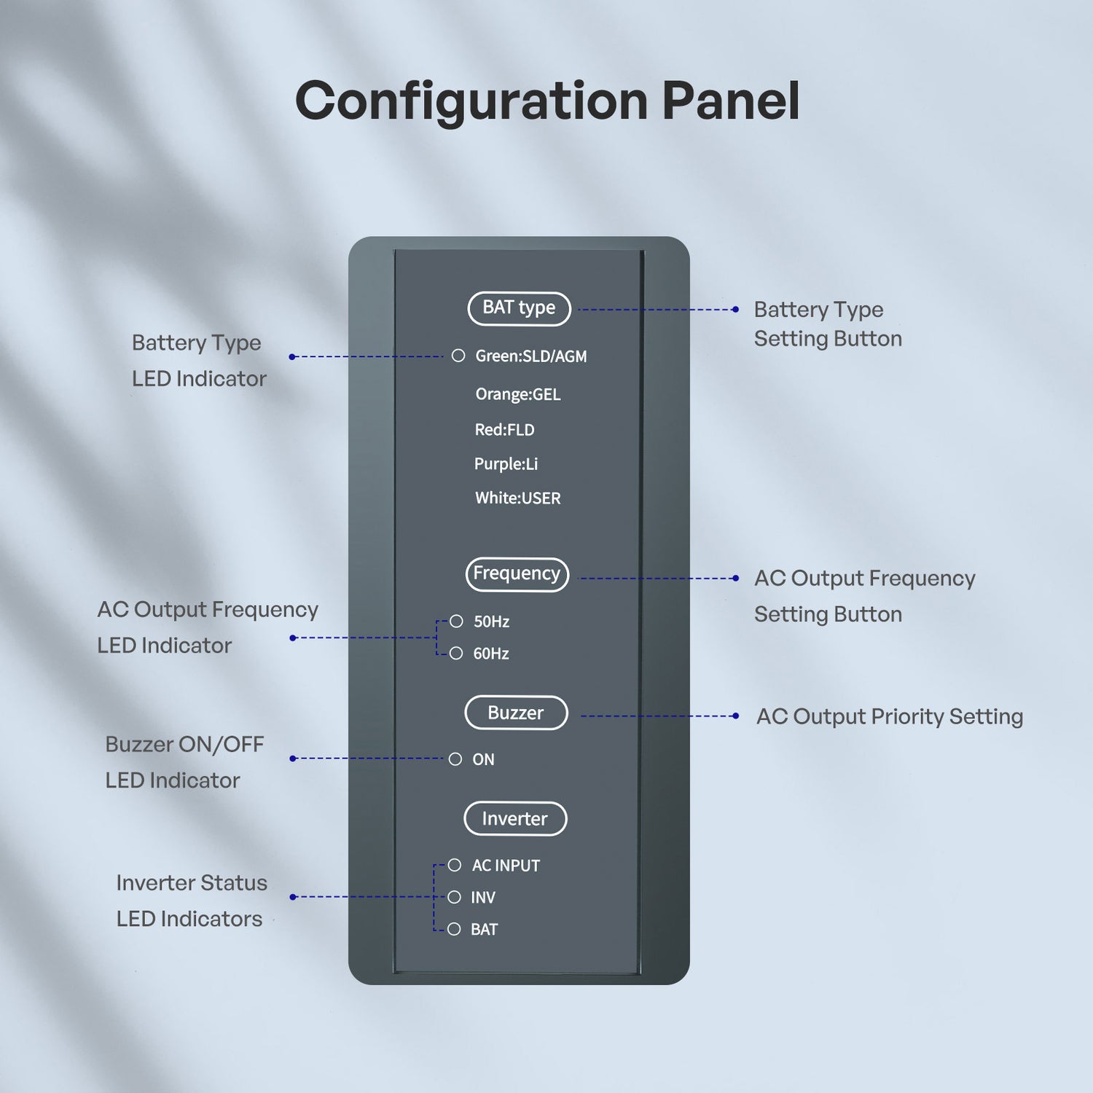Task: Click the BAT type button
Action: [x=519, y=308]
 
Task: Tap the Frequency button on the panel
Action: [x=517, y=574]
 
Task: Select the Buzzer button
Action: [x=516, y=713]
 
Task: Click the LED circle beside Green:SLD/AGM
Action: [x=458, y=356]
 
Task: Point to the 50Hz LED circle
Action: [x=456, y=622]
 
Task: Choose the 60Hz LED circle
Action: [x=456, y=654]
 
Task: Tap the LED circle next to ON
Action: [x=455, y=759]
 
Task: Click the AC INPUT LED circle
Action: [x=455, y=865]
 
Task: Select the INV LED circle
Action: [x=455, y=897]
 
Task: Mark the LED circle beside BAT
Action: [x=455, y=929]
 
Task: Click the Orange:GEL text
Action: [x=518, y=394]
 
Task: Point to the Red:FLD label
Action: [x=504, y=430]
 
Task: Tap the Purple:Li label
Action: [x=506, y=464]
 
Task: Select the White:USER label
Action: [x=518, y=498]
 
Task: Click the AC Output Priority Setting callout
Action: [x=889, y=716]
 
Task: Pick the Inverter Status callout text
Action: [x=191, y=901]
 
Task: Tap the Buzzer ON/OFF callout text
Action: [x=184, y=762]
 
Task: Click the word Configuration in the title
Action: [x=471, y=102]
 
